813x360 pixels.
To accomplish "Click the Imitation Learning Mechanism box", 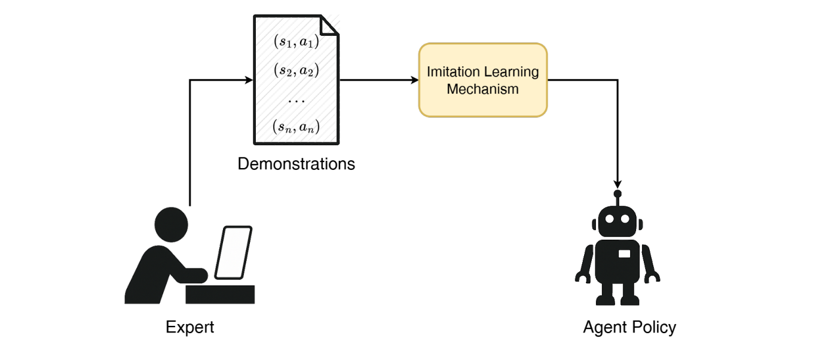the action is pyautogui.click(x=483, y=80).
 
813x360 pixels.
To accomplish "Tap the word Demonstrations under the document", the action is pyautogui.click(x=296, y=164).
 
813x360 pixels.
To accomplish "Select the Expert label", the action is pyautogui.click(x=190, y=327).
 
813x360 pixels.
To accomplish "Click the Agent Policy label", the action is pyautogui.click(x=629, y=327).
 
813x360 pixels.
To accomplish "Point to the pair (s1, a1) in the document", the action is pyautogui.click(x=297, y=41).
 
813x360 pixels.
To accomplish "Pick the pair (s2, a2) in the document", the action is pyautogui.click(x=297, y=70).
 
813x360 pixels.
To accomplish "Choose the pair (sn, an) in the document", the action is pyautogui.click(x=296, y=127).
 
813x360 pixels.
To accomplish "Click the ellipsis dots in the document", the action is pyautogui.click(x=296, y=101).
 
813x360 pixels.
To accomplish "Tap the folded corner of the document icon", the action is pyautogui.click(x=329, y=25).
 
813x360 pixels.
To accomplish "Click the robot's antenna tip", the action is pyautogui.click(x=618, y=193).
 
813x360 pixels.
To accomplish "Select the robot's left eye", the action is pyautogui.click(x=610, y=219).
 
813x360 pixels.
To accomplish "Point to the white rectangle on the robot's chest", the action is pyautogui.click(x=624, y=254).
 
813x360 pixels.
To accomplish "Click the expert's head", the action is pyautogui.click(x=172, y=225).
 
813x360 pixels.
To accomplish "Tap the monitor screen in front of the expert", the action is pyautogui.click(x=233, y=252).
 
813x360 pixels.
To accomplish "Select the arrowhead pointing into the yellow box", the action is pyautogui.click(x=414, y=80).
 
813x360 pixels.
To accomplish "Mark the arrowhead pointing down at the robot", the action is pyautogui.click(x=618, y=184).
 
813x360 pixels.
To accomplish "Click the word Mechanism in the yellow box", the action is pyautogui.click(x=483, y=89).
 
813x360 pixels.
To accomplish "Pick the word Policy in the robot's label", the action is pyautogui.click(x=655, y=327).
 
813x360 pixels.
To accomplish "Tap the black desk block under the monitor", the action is pyautogui.click(x=221, y=294).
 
